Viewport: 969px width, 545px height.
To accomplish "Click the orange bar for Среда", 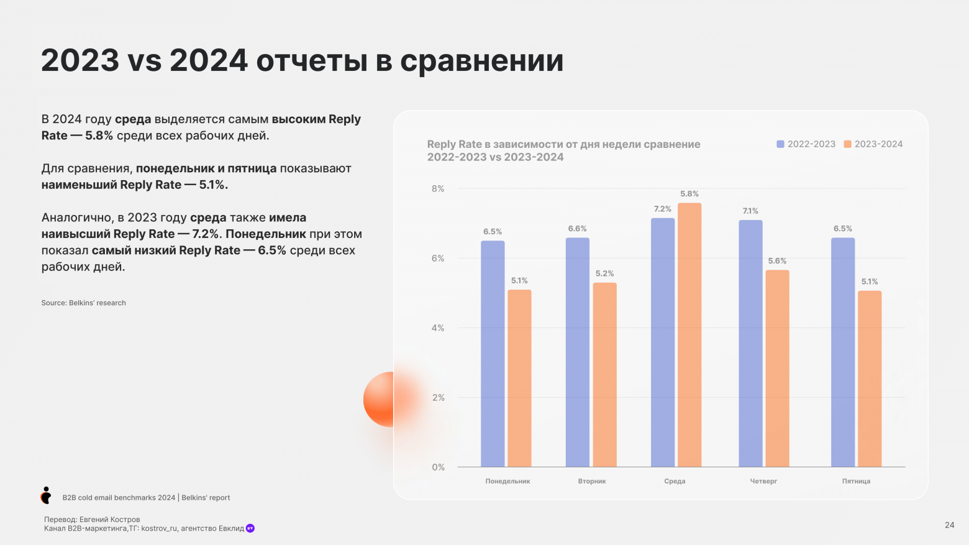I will point(689,335).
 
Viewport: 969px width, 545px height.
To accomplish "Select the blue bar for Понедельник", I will point(493,354).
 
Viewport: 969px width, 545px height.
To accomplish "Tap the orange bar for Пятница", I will point(870,378).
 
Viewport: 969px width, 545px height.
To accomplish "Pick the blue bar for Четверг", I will point(750,344).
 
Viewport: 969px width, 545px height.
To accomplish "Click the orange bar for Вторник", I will point(604,375).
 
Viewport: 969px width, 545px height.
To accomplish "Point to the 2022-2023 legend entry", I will point(806,144).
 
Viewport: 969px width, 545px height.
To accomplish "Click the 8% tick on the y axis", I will point(438,189).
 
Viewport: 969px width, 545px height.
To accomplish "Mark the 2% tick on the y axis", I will point(438,398).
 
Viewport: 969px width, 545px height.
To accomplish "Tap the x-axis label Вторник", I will point(592,481).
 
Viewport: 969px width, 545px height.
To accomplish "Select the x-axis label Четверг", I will point(763,481).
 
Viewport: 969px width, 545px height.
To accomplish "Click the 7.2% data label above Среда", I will point(662,209).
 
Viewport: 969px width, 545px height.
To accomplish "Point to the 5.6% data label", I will point(777,261).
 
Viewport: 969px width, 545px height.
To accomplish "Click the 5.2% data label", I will point(604,273).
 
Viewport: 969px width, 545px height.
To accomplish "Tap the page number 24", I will point(949,525).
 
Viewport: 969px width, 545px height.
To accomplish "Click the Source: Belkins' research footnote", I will point(84,303).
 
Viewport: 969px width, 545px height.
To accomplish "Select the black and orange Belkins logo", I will point(46,495).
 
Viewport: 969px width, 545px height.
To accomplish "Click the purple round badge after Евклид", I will point(250,528).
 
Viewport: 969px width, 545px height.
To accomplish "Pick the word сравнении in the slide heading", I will point(481,61).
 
